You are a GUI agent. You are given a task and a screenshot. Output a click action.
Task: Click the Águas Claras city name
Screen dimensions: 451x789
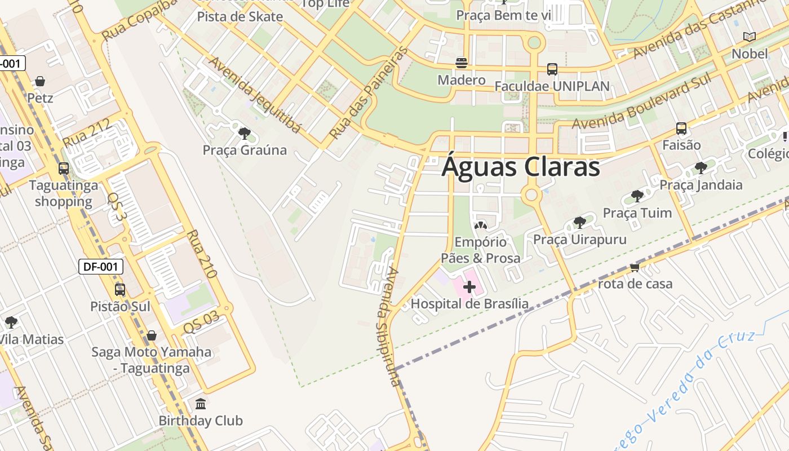[x=520, y=167]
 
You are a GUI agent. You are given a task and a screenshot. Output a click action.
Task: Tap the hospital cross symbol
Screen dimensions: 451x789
[x=469, y=288]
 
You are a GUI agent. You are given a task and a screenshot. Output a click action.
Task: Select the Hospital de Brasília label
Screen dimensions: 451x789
[x=469, y=304]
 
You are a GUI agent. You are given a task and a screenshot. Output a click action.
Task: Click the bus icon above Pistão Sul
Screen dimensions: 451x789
[x=120, y=290]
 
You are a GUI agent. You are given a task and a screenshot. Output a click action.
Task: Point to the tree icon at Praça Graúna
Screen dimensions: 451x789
[x=245, y=134]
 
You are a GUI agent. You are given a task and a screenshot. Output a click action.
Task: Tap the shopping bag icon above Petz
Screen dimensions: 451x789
[x=40, y=81]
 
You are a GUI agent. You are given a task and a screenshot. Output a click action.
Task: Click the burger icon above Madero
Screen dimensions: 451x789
[x=462, y=63]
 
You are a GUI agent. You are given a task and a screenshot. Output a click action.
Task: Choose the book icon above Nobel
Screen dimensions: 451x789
[x=749, y=37]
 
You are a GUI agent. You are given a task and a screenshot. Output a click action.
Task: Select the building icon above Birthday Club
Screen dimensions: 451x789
[x=201, y=404]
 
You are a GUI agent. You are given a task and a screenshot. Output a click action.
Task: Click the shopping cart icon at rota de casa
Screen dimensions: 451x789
[x=635, y=267]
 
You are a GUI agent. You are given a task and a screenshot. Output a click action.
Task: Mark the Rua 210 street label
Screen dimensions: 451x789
[x=202, y=254]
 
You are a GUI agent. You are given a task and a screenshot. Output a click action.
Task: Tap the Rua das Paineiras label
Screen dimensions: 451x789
[x=369, y=94]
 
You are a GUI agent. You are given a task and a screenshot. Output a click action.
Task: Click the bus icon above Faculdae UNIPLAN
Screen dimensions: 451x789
[x=552, y=69]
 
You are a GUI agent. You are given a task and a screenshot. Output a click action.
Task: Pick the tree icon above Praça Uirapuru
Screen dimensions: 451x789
[x=579, y=222]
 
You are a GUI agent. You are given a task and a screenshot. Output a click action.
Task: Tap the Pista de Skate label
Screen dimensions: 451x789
[x=240, y=16]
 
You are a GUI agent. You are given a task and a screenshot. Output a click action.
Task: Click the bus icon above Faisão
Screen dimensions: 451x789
[x=681, y=129]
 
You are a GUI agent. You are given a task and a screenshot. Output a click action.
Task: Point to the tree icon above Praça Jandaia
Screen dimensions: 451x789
[x=701, y=167]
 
